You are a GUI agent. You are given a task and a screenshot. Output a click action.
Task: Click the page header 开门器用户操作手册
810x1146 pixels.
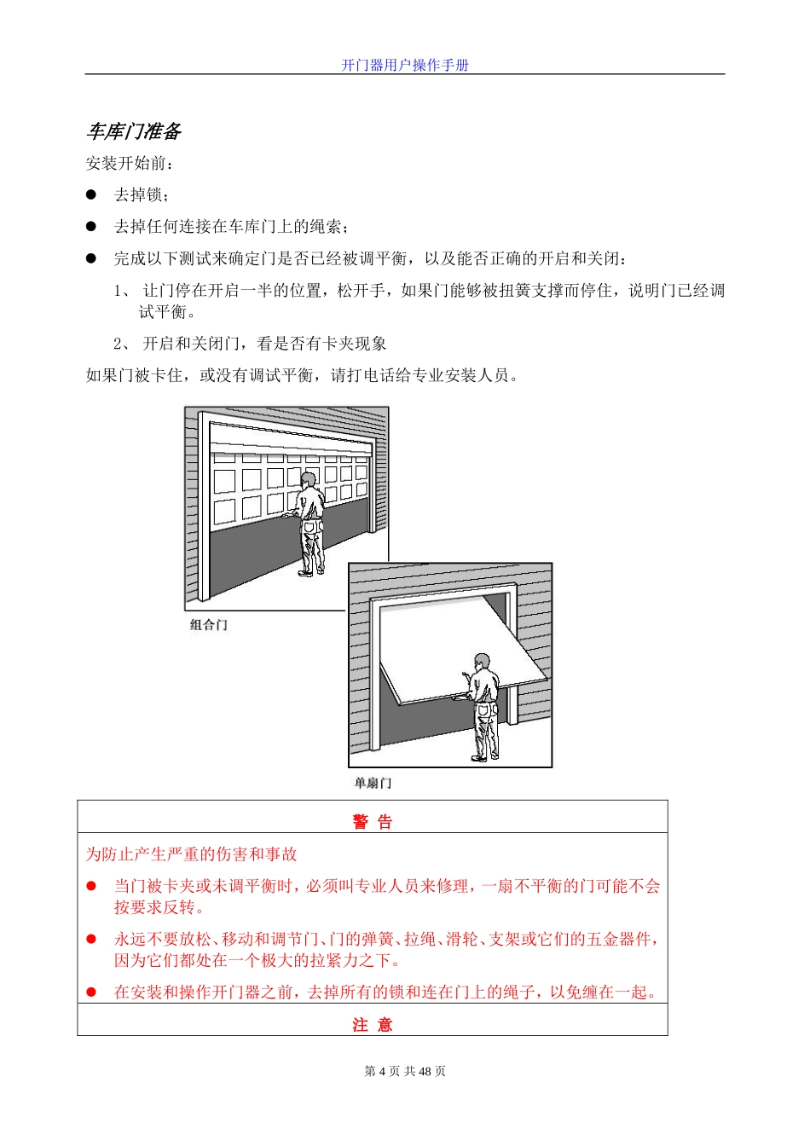405,65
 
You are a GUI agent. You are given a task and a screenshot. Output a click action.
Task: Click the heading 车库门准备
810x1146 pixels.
134,131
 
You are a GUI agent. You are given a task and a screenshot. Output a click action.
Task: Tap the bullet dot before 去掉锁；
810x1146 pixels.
91,194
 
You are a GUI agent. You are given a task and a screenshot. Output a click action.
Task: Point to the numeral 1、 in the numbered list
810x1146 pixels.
123,291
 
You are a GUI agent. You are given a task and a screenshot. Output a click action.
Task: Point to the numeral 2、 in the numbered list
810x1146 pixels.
123,344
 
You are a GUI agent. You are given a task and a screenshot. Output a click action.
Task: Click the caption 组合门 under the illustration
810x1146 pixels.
209,625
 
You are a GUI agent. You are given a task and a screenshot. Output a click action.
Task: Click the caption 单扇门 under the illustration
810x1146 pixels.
373,783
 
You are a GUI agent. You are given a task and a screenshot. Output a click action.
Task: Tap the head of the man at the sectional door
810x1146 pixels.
308,481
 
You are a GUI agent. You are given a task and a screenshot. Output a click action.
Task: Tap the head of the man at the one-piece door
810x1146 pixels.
483,662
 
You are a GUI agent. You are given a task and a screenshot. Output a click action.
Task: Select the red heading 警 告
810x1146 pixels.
373,822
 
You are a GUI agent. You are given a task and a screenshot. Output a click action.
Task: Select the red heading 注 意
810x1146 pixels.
373,1025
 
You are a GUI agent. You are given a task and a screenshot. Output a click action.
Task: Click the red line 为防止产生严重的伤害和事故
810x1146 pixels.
191,854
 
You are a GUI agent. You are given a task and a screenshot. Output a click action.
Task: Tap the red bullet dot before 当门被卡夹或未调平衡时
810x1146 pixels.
91,886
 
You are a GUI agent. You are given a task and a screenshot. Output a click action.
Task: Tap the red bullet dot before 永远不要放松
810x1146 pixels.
91,939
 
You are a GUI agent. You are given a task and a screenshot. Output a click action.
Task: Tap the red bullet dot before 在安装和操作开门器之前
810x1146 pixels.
91,993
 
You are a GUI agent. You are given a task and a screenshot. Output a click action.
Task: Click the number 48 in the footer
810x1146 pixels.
426,1071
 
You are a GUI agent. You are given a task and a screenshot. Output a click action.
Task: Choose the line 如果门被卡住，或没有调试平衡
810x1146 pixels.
303,375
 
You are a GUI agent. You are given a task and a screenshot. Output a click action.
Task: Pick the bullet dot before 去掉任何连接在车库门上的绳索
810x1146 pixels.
91,226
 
